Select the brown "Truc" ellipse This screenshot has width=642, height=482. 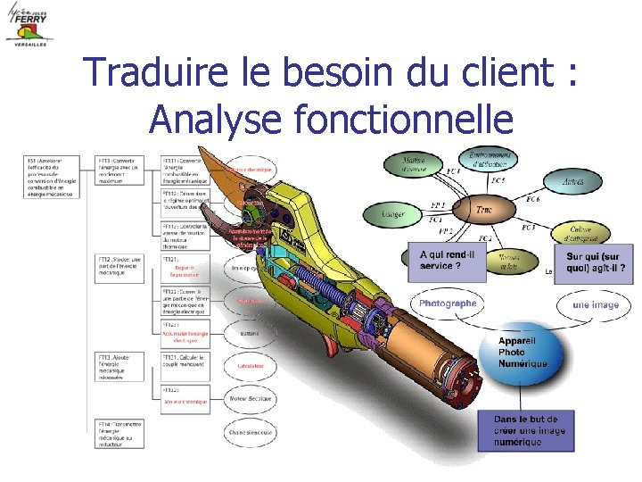click(484, 211)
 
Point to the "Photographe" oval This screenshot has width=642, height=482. click(448, 303)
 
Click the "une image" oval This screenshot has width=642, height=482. click(595, 304)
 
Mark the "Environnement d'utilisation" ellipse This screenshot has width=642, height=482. click(488, 160)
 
